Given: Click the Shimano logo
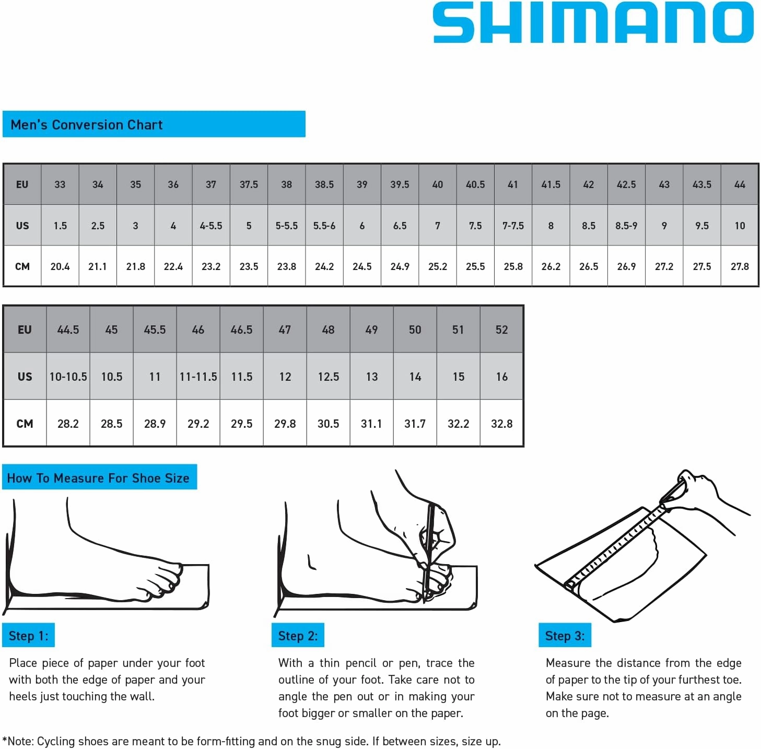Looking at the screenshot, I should tap(593, 22).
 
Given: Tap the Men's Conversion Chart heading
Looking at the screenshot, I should tap(87, 125).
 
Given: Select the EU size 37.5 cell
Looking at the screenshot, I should tap(249, 184).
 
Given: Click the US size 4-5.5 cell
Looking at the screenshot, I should tap(211, 226).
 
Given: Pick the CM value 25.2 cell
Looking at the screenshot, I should tap(438, 266).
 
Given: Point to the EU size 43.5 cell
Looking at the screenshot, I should tap(702, 184).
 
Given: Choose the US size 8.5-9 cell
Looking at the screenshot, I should tap(626, 226).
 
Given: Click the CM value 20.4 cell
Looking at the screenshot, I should tap(60, 266).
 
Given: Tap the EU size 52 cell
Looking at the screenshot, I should tap(501, 330).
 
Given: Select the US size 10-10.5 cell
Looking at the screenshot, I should tap(68, 377).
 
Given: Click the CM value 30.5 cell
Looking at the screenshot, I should tap(328, 424).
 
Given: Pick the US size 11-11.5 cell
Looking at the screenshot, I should tap(198, 377).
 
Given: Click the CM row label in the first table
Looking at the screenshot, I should tap(22, 266).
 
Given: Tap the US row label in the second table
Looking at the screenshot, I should tap(25, 377).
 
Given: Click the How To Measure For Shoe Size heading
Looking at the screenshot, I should tap(98, 478).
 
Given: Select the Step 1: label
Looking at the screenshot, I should tap(28, 636).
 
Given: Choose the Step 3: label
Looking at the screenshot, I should tap(565, 636).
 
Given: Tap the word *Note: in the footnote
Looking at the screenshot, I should tap(19, 741).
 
